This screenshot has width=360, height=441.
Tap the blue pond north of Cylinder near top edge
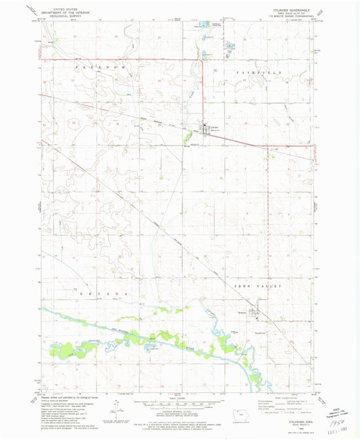tap(204, 26)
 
